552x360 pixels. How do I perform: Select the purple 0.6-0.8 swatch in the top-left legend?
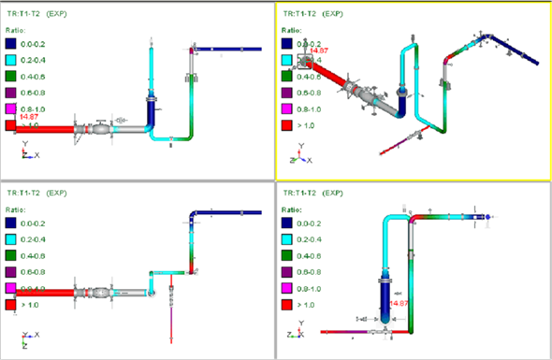click(x=11, y=92)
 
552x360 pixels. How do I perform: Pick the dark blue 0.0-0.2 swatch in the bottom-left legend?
click(x=11, y=223)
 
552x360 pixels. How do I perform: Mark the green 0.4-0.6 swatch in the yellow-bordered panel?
click(x=288, y=77)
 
